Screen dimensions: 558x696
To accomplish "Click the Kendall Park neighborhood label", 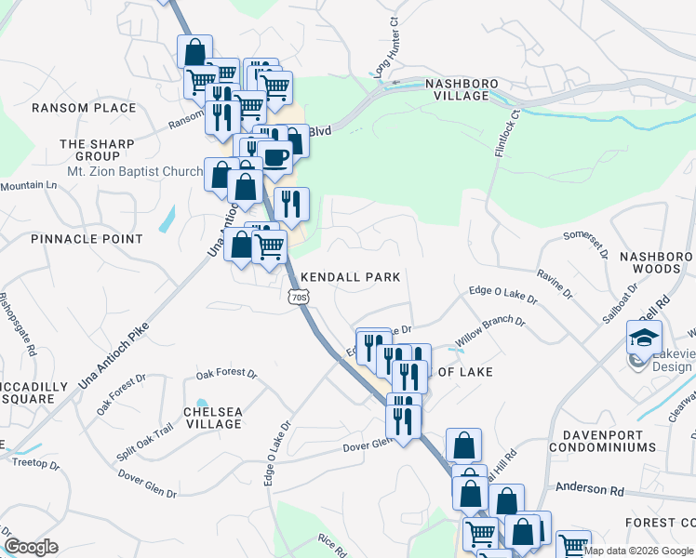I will click(351, 277).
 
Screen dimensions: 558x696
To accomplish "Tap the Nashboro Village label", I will click(457, 89).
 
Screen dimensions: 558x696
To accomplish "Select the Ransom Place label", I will click(84, 108).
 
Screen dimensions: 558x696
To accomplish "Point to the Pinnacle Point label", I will click(87, 239).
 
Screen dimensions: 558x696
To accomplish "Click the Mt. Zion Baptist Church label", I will click(135, 171).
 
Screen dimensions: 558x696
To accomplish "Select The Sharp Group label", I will click(97, 151).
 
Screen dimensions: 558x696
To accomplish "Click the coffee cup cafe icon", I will click(275, 156).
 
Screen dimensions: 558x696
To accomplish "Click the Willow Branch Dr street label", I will click(490, 333).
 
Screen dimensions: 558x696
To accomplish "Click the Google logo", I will click(31, 547).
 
